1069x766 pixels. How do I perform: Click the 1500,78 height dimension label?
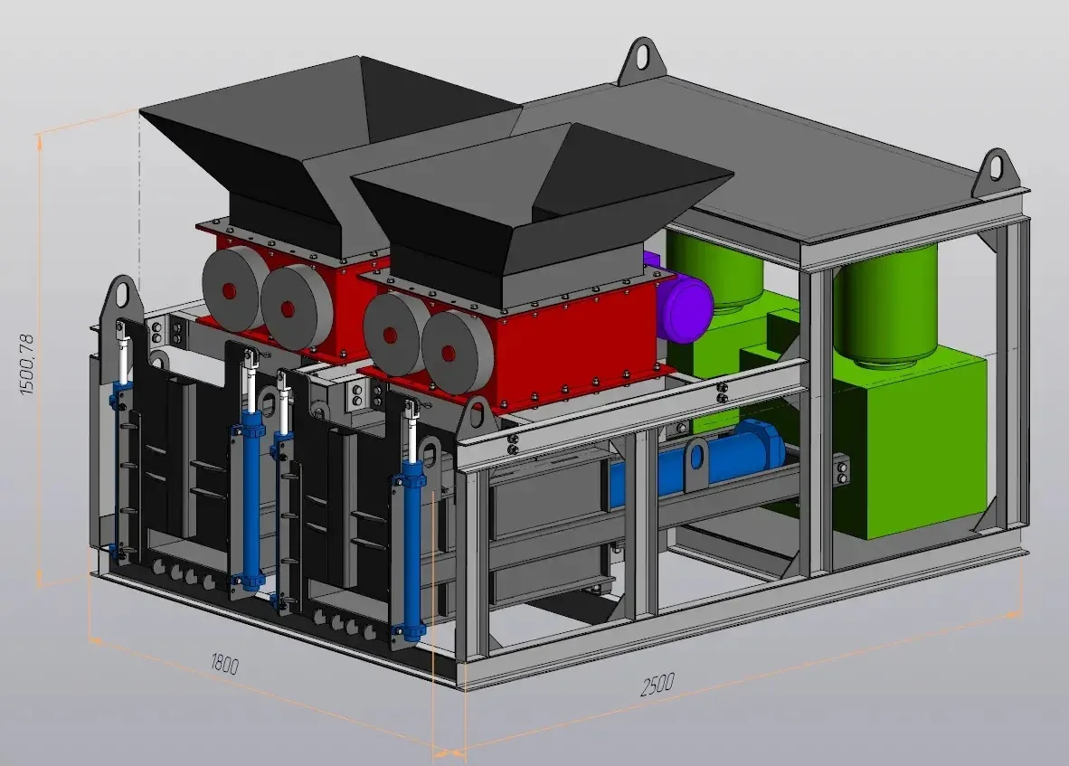click(x=26, y=364)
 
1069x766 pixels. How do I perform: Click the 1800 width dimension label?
click(x=224, y=664)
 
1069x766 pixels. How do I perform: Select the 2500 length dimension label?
click(x=657, y=685)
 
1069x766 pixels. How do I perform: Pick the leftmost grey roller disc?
click(x=234, y=288)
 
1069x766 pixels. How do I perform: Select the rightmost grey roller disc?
click(x=456, y=353)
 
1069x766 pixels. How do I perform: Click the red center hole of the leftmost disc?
click(x=229, y=292)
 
